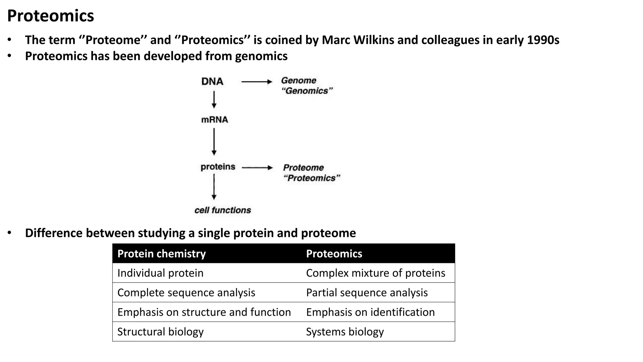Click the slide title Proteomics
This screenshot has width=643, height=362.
tap(50, 16)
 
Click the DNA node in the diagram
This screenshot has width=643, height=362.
tap(212, 81)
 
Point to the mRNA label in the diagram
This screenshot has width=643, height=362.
tap(214, 120)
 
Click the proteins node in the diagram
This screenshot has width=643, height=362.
tap(218, 167)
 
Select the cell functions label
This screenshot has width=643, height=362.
tap(223, 210)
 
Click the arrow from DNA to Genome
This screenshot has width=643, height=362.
tap(257, 82)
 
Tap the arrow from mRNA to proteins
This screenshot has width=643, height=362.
tap(214, 141)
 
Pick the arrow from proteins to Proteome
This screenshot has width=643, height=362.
tap(257, 168)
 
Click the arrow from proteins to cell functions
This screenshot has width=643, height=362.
tap(214, 187)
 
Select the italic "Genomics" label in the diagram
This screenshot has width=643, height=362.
tap(307, 91)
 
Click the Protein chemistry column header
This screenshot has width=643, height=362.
tap(161, 254)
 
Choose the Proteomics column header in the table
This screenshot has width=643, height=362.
tap(334, 254)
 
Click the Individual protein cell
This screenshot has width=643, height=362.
tap(160, 273)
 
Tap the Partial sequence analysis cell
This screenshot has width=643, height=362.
tap(367, 293)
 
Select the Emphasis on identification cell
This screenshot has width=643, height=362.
tap(370, 312)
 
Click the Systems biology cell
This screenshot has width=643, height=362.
tap(345, 332)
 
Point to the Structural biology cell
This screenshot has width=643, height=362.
tap(160, 332)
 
